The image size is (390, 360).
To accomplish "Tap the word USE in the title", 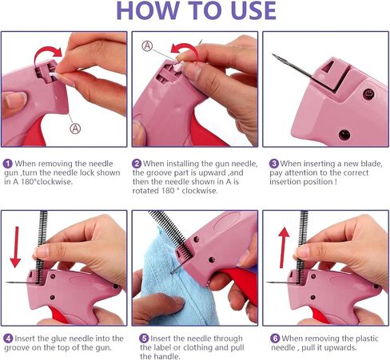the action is (x=253, y=10).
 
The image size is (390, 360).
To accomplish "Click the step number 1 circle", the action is (x=8, y=164).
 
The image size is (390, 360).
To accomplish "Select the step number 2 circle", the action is (x=137, y=164).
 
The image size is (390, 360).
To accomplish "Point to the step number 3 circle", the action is (x=273, y=164).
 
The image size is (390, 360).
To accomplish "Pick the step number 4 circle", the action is (x=8, y=338).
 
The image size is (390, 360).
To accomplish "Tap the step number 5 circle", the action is (x=144, y=338).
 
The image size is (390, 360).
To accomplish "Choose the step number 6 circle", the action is (x=275, y=338).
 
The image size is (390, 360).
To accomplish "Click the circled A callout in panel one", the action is (x=75, y=129).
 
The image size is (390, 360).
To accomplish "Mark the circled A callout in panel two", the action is (x=147, y=46).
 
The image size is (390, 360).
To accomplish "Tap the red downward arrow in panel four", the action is (x=16, y=247).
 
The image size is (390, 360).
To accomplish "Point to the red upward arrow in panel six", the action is (x=284, y=247).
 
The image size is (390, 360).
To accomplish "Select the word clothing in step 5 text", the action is (x=200, y=347).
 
